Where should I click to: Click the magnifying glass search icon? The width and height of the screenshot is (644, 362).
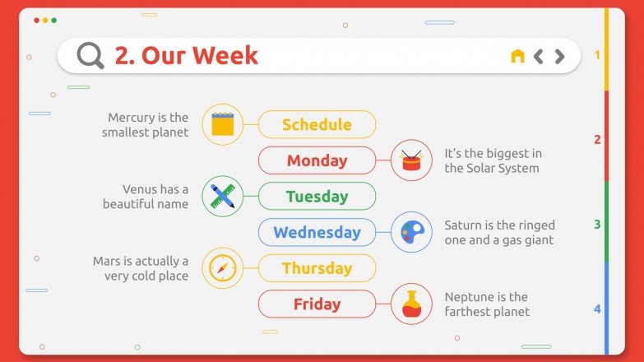pyautogui.click(x=90, y=55)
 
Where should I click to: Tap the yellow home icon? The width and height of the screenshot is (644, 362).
pyautogui.click(x=517, y=56)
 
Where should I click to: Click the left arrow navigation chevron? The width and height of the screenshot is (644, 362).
pyautogui.click(x=539, y=56)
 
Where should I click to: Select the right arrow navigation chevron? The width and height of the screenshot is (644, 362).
pyautogui.click(x=560, y=56)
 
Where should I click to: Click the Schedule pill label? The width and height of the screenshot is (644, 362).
pyautogui.click(x=317, y=124)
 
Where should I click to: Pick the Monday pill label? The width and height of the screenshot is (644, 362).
pyautogui.click(x=317, y=160)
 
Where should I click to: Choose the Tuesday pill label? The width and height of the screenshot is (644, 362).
pyautogui.click(x=317, y=196)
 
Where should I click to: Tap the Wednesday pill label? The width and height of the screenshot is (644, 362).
pyautogui.click(x=317, y=232)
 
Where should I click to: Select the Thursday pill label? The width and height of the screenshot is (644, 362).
pyautogui.click(x=317, y=268)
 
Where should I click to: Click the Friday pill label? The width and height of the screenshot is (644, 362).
pyautogui.click(x=317, y=304)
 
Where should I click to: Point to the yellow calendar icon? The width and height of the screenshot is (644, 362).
pyautogui.click(x=223, y=124)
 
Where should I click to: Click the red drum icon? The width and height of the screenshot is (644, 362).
pyautogui.click(x=411, y=160)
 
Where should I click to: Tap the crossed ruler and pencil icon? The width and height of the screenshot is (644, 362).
pyautogui.click(x=223, y=196)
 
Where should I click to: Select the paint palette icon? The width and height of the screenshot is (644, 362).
pyautogui.click(x=411, y=232)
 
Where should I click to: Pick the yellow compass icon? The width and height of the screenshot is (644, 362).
pyautogui.click(x=223, y=268)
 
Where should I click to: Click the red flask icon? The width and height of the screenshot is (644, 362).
pyautogui.click(x=411, y=304)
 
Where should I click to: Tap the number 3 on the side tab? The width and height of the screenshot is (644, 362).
pyautogui.click(x=598, y=225)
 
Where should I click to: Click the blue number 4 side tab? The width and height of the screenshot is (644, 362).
pyautogui.click(x=598, y=309)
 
